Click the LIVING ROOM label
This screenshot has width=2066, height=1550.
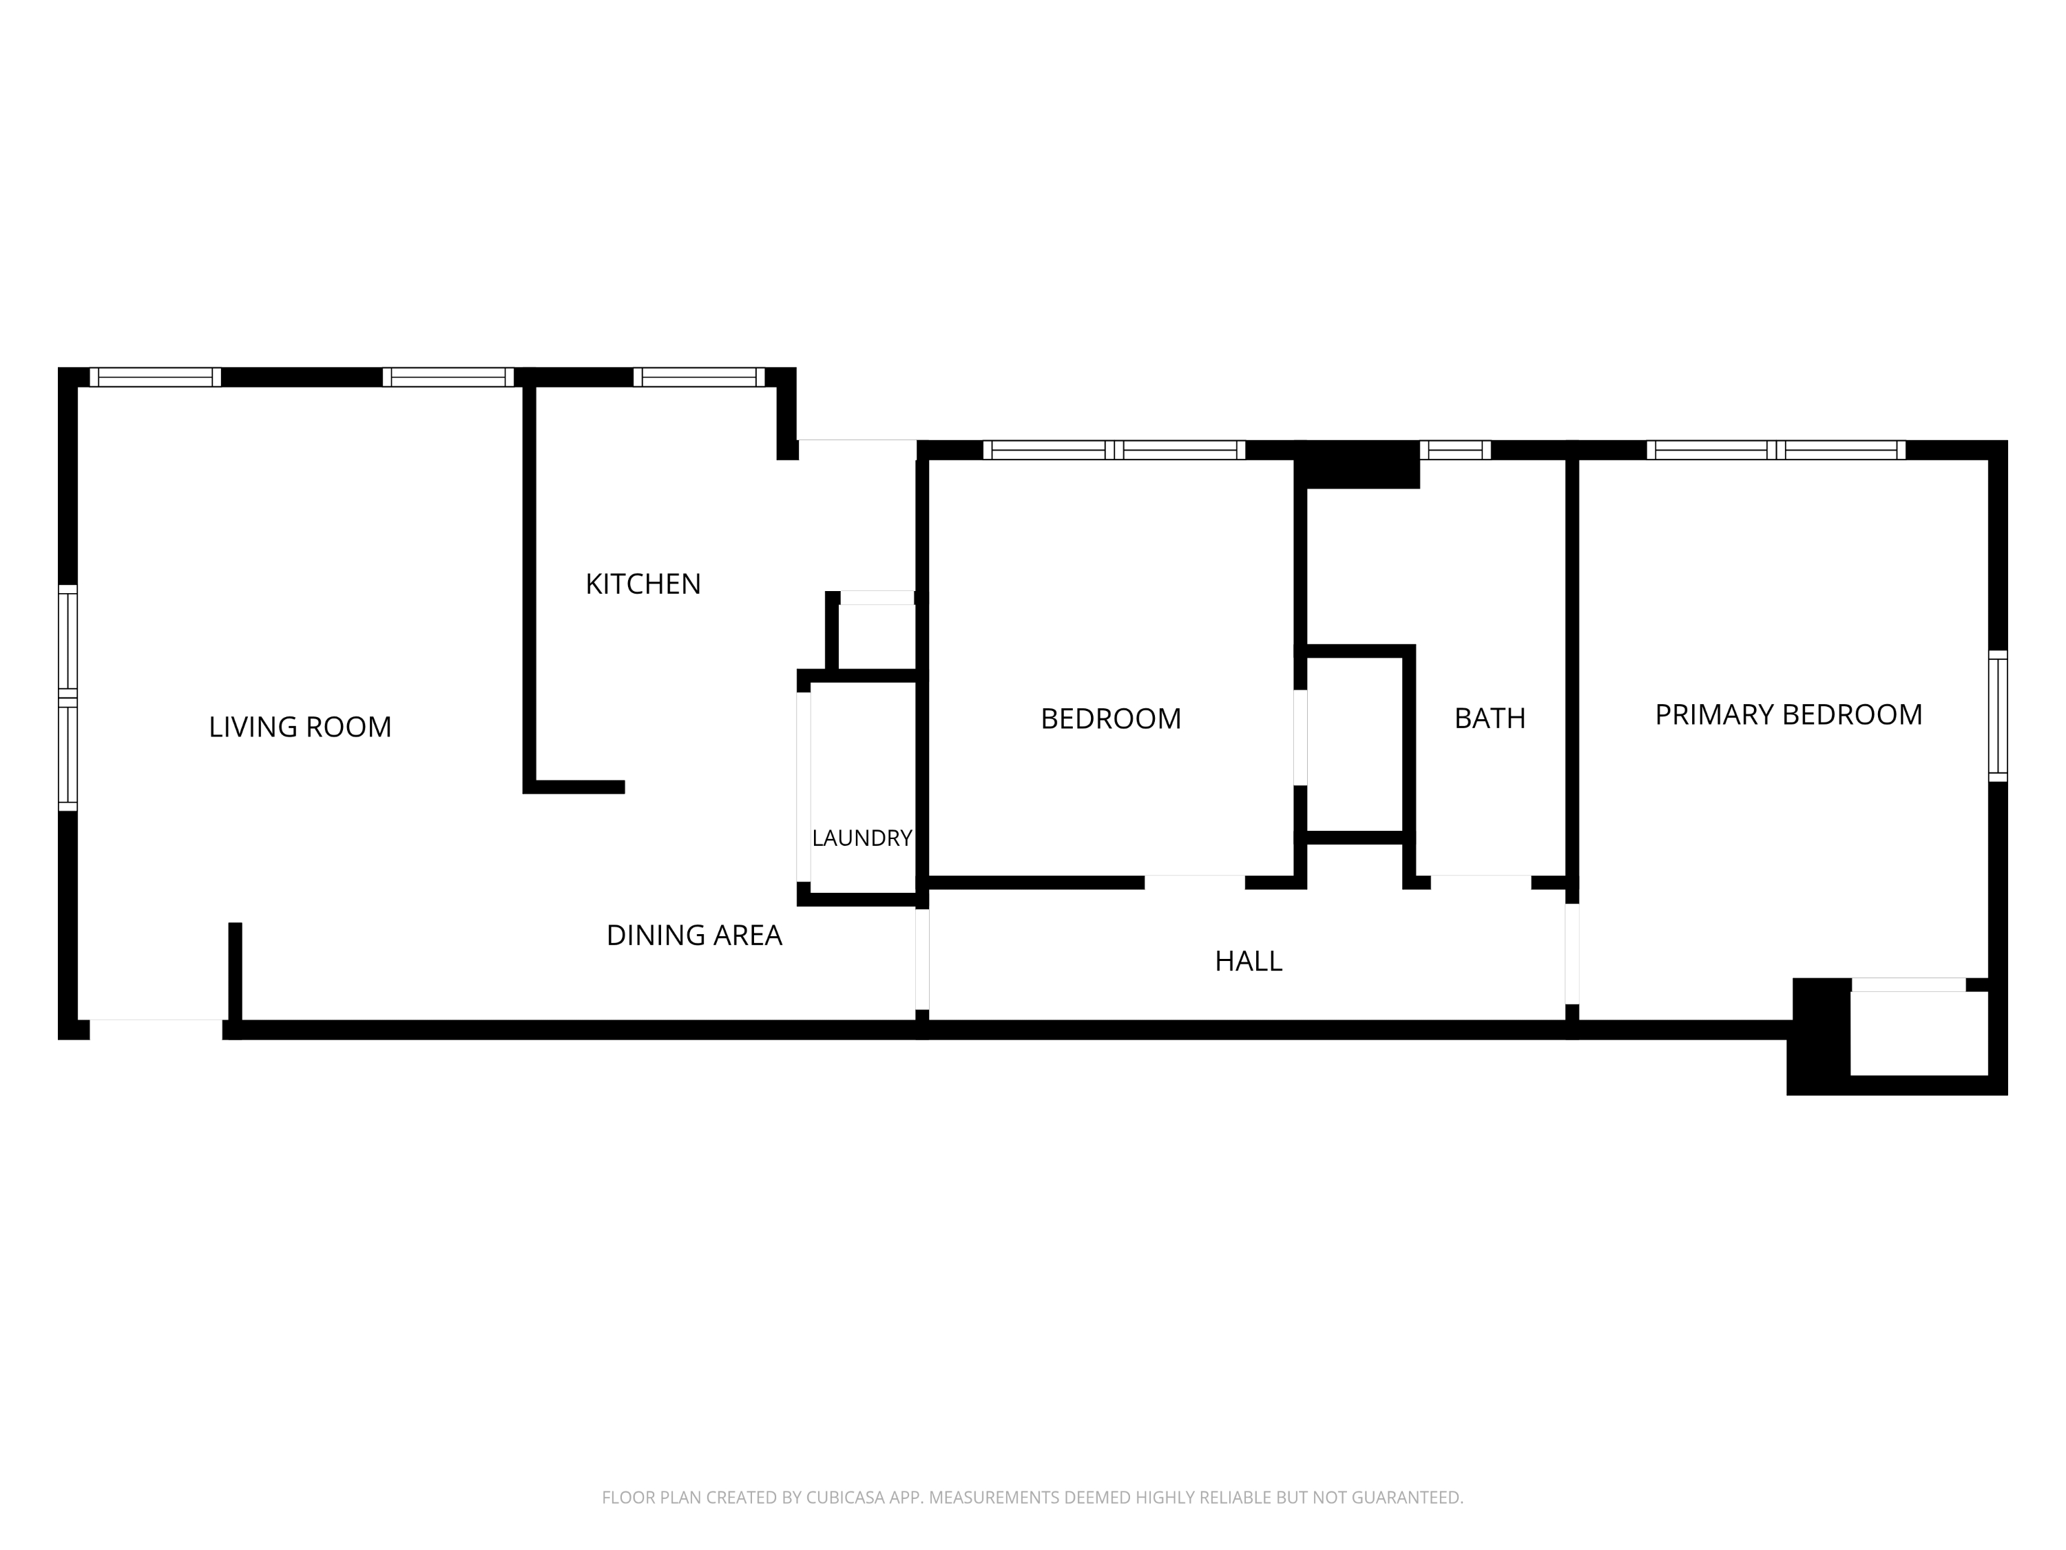[300, 727]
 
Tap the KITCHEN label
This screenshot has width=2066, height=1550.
[643, 584]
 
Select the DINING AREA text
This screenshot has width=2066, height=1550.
[694, 936]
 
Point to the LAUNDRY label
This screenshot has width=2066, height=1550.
[861, 838]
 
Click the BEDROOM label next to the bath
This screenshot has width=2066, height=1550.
[1111, 719]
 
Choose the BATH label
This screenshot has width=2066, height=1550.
[1490, 719]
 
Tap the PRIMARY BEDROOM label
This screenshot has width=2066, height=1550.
[1788, 715]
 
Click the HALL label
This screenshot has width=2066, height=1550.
[1248, 962]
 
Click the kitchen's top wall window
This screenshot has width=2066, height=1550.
[698, 378]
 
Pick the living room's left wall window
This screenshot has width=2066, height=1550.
[67, 698]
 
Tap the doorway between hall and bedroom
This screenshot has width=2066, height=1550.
[1195, 882]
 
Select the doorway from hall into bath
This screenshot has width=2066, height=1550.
[1481, 882]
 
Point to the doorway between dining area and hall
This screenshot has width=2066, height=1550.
[922, 960]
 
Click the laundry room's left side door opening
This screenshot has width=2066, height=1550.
[803, 787]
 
